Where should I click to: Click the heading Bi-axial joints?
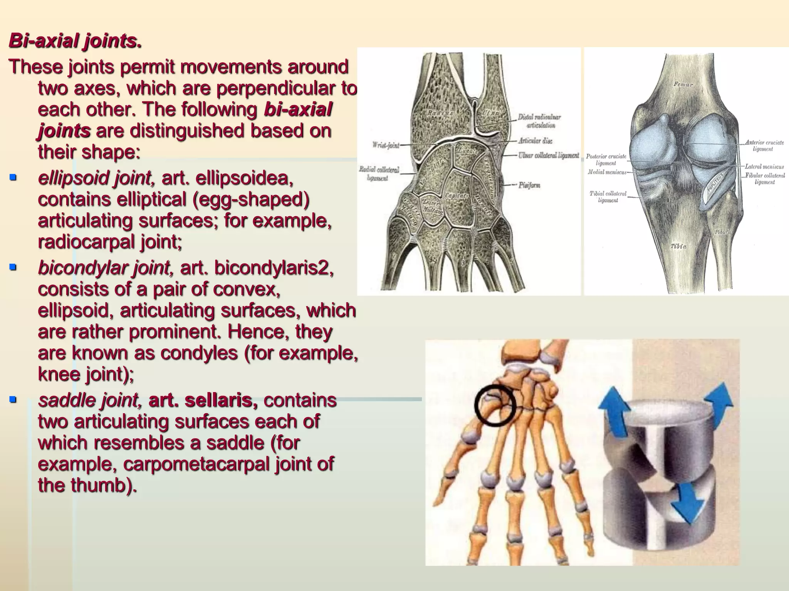(x=75, y=41)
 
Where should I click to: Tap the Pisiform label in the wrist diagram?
(x=529, y=185)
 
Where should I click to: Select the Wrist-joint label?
(x=385, y=145)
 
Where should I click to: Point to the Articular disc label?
(x=535, y=141)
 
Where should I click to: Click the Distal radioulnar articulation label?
(x=539, y=121)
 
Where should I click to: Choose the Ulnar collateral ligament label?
(x=548, y=155)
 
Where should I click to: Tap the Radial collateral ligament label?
(x=379, y=174)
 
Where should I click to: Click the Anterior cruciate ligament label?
(x=764, y=145)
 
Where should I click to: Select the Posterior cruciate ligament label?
(x=606, y=160)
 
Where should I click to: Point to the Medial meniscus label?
(x=607, y=172)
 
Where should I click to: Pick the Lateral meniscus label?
(x=764, y=167)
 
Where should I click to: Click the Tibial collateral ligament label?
(x=608, y=197)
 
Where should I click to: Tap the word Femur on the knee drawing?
(x=683, y=84)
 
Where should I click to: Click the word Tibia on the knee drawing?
(x=678, y=246)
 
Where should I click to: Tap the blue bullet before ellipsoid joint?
(x=13, y=177)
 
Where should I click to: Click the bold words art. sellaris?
(x=203, y=400)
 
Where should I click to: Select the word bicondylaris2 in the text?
(x=274, y=268)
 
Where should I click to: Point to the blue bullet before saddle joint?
(x=13, y=399)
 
